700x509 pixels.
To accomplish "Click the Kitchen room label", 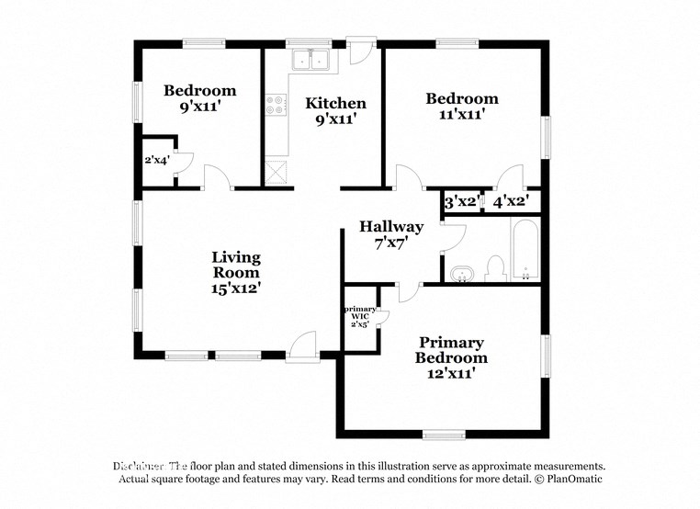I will coord(335,103).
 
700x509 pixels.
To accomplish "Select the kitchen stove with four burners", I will coord(275,106).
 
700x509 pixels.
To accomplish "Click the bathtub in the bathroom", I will coord(525,249).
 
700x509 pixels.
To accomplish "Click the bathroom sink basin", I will coord(461,273).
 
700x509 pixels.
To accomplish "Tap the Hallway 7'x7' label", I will coord(391,234).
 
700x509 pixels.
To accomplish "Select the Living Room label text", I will coord(236,265).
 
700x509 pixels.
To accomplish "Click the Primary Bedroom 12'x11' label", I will coord(451,357).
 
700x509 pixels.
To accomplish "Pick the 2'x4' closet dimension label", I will coord(156,160).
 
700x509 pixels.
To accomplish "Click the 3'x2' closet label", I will coord(461,201).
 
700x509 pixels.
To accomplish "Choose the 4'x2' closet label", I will coord(510,201).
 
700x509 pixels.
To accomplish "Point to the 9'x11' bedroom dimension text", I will coord(200,106).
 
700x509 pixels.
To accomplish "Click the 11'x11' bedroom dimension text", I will coord(462,114).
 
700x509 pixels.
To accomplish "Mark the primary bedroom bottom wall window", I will coord(445,434).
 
